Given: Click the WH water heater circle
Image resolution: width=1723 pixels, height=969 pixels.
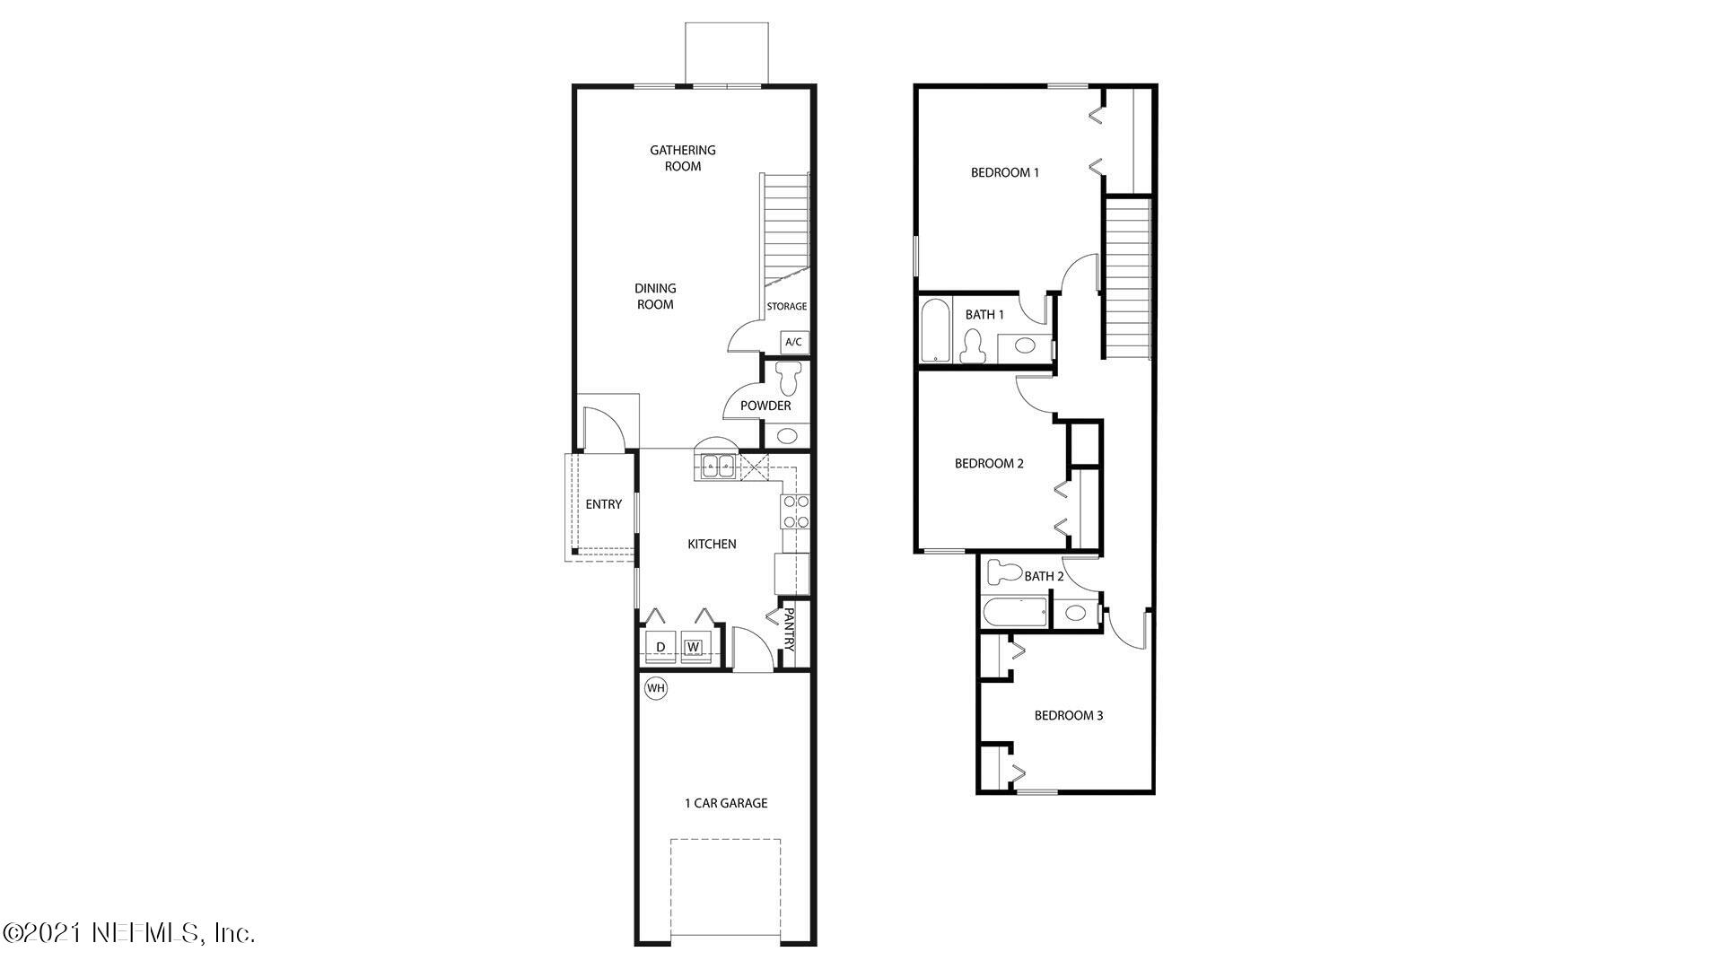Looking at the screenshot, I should [x=656, y=688].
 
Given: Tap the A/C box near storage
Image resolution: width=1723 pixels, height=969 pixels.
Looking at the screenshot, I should [x=793, y=342].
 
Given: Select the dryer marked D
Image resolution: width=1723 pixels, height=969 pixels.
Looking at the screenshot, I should [x=660, y=647].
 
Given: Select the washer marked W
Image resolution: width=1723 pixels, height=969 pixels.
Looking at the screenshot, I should [x=693, y=647].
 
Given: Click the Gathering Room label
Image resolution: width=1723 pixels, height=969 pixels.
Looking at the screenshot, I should [x=683, y=158].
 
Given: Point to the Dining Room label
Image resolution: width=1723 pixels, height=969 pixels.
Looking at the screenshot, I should [x=655, y=296].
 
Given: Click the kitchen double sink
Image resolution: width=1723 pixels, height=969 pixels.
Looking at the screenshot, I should [x=717, y=466].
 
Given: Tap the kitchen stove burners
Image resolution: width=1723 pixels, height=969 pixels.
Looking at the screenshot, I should [x=796, y=511].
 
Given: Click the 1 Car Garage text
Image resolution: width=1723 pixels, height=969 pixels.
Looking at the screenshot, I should [x=726, y=803].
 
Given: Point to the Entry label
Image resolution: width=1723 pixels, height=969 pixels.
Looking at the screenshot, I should [x=603, y=504].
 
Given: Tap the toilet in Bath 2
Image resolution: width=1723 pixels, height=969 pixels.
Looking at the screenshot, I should [x=1003, y=572].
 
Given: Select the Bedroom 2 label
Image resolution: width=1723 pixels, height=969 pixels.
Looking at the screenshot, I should [x=989, y=464].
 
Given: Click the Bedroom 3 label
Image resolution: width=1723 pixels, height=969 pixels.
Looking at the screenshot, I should [x=1068, y=715].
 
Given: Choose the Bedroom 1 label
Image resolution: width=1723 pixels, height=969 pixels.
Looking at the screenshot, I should [x=1004, y=172].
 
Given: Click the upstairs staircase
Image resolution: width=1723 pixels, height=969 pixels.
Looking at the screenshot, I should [x=1127, y=278].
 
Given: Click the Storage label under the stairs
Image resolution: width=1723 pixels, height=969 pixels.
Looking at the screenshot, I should [x=786, y=307].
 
